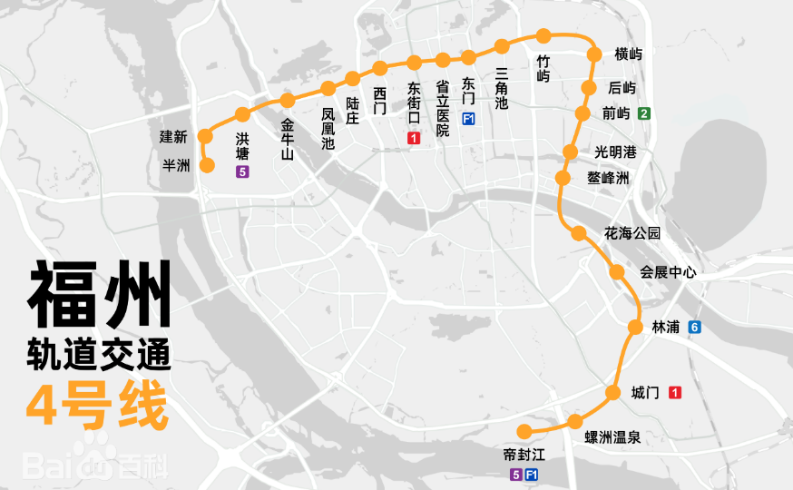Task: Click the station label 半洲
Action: point(175,165)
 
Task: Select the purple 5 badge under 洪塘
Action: point(242,171)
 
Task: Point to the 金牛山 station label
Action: point(288,139)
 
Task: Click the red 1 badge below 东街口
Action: point(414,139)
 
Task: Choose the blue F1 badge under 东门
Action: point(468,120)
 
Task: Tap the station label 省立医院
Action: point(442,108)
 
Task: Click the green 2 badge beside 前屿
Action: point(643,113)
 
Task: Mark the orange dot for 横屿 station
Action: point(595,54)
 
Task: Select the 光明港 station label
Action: point(616,152)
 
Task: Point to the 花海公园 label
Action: point(632,233)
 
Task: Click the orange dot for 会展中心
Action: point(617,271)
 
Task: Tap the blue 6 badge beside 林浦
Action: point(694,327)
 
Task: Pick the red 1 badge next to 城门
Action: point(675,393)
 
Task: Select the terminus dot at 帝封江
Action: point(522,430)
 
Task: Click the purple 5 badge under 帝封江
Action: point(515,475)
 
